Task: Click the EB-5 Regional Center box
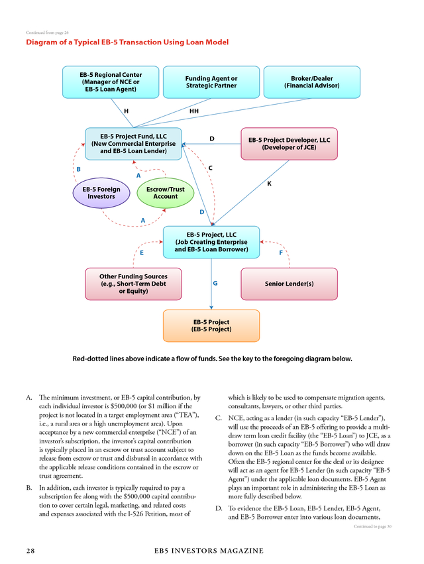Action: (x=111, y=82)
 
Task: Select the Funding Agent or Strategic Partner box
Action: (x=211, y=82)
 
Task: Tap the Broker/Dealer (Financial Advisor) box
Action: (x=312, y=82)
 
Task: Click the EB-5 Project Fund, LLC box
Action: (x=133, y=144)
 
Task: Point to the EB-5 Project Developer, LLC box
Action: (x=289, y=144)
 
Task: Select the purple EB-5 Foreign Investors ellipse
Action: (x=101, y=193)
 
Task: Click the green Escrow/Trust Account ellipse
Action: (x=166, y=193)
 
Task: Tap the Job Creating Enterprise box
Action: (x=211, y=242)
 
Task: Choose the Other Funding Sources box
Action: (x=133, y=284)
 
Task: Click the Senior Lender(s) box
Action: (x=289, y=284)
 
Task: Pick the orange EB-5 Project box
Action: (x=211, y=325)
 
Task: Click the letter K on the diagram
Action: (x=270, y=184)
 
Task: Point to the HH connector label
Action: (x=194, y=111)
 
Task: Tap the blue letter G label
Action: (x=215, y=283)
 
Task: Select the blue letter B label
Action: (x=78, y=169)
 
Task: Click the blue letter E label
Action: (x=142, y=253)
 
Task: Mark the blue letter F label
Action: (x=281, y=253)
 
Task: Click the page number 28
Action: (x=30, y=551)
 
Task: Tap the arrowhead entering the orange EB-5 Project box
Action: (x=211, y=308)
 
